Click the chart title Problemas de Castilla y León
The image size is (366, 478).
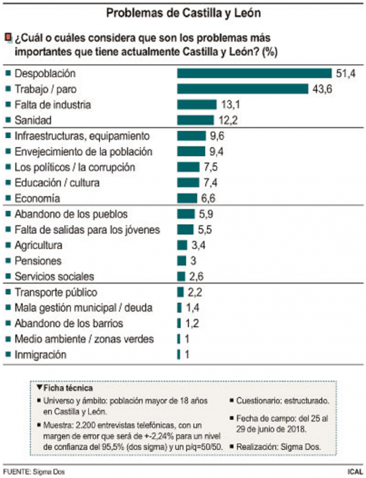pos(183,13)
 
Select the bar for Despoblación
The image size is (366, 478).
pos(254,73)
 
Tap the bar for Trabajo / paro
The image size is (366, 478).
pos(243,89)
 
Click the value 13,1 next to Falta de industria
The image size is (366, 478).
pos(230,105)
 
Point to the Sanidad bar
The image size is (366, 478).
pos(195,120)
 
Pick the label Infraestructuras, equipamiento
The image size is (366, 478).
pos(82,136)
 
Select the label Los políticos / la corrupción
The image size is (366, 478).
pos(75,167)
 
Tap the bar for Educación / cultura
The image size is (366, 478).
pos(188,183)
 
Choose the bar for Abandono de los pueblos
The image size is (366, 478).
pos(186,214)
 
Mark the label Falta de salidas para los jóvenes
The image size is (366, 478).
pos(87,230)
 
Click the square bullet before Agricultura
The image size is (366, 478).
pos(8,245)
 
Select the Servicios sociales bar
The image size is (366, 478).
pos(181,277)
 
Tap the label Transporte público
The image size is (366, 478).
pos(56,292)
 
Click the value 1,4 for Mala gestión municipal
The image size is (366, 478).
pos(193,308)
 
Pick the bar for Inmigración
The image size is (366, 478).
pos(179,355)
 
